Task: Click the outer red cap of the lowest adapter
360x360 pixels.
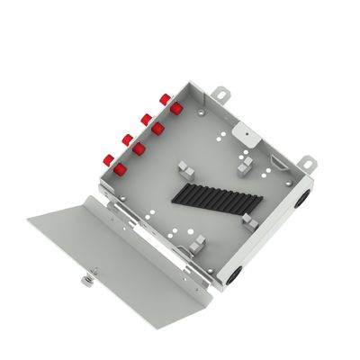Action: (108, 159)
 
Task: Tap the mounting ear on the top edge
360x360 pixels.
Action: (221, 90)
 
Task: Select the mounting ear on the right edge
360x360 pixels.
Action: (306, 165)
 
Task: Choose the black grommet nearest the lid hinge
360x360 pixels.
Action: (236, 270)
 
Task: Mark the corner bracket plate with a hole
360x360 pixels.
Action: (242, 130)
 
